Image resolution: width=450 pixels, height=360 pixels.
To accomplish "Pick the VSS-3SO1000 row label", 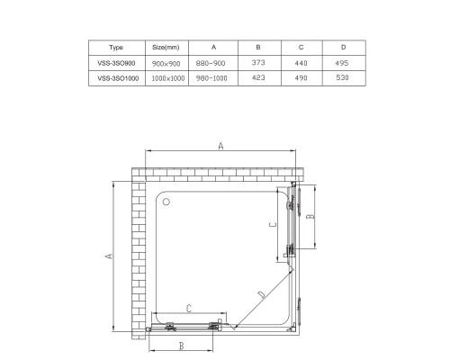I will [x=115, y=78].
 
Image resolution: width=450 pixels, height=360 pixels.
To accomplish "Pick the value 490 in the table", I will [x=301, y=78].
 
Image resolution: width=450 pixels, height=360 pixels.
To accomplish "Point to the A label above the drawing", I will [x=220, y=147].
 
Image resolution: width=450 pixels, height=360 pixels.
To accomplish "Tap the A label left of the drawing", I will [x=108, y=256].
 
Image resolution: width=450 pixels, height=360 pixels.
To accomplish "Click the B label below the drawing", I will [x=180, y=346].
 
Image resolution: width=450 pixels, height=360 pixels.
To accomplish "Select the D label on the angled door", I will [x=260, y=294].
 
